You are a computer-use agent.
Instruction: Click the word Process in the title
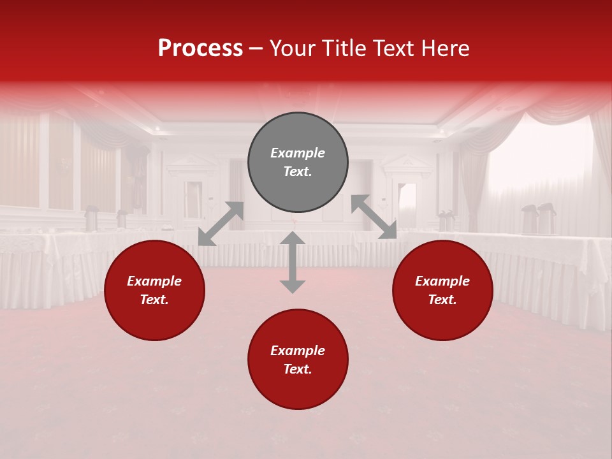coord(200,48)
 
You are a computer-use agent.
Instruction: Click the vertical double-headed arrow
coord(293,262)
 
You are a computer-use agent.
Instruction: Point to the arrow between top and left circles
coord(221,224)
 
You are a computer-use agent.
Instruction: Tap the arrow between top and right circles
coord(374,217)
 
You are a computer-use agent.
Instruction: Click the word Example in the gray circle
coord(298,153)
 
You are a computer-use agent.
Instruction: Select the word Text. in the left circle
coord(154,300)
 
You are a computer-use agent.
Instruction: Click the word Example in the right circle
coord(442,281)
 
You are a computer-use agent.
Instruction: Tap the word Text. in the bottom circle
coord(298,369)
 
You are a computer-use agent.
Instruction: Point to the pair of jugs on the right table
coord(537,219)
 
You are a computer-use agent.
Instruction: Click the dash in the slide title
coord(256,48)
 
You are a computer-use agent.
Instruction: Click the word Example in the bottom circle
coord(298,351)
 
